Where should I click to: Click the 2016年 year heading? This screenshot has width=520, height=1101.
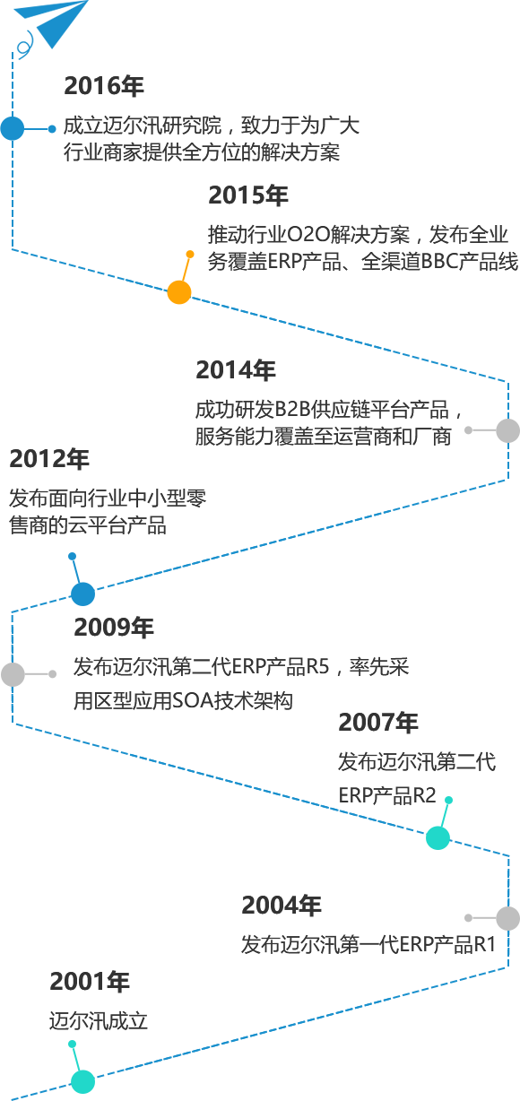click(x=104, y=85)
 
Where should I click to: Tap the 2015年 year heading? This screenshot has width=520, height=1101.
click(x=248, y=195)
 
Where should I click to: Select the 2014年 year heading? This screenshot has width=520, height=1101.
click(x=236, y=370)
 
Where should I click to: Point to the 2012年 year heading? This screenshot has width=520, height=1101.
click(x=49, y=458)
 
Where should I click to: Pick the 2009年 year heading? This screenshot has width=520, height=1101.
click(x=114, y=628)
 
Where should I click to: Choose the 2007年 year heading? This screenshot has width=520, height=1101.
click(x=378, y=723)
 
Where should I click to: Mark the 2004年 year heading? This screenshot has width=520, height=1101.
click(x=282, y=906)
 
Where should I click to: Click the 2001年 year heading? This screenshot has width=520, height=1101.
click(x=90, y=982)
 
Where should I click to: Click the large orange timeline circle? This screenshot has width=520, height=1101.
click(x=179, y=292)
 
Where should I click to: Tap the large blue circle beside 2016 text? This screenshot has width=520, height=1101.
click(x=13, y=128)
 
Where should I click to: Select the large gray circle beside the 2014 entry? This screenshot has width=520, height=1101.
click(x=508, y=430)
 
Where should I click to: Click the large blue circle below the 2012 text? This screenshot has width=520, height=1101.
click(x=83, y=594)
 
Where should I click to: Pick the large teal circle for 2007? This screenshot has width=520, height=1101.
click(x=438, y=838)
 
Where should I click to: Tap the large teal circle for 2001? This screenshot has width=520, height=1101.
click(x=83, y=1082)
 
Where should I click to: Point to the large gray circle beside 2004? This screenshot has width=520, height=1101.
click(x=508, y=918)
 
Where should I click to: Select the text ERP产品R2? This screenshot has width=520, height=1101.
click(x=387, y=794)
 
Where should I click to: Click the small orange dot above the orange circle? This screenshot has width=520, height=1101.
click(x=190, y=254)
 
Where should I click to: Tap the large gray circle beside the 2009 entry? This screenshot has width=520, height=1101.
click(x=13, y=674)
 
